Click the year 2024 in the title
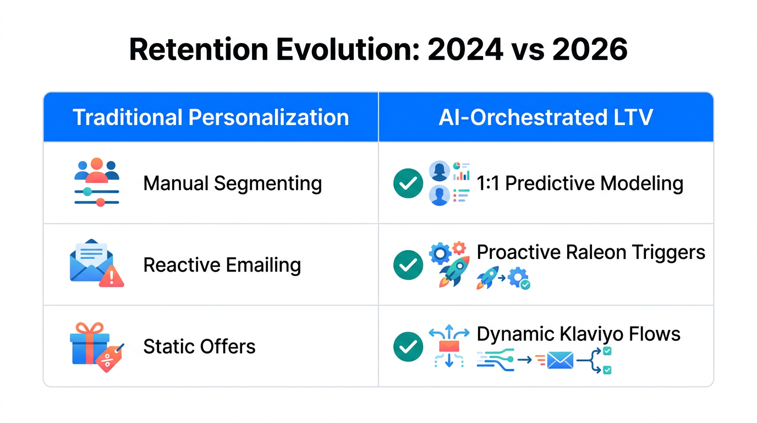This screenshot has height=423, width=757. point(465,50)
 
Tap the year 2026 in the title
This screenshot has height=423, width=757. point(590,50)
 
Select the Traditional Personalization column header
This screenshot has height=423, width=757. point(211,117)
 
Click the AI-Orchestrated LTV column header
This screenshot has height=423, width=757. point(546,117)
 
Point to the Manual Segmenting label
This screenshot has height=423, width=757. point(232,183)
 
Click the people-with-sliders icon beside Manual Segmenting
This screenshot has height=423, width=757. point(97,182)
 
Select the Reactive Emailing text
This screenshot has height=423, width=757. point(222,265)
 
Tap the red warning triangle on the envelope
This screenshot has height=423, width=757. point(112,276)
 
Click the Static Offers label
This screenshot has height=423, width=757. point(199,346)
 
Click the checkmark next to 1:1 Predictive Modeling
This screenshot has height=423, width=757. point(408,183)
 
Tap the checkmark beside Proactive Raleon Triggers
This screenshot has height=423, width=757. point(408,265)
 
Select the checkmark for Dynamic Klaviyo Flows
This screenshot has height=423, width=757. point(408,346)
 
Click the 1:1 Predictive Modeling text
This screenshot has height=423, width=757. point(580,183)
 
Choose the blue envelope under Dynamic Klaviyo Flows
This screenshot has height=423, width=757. point(560,361)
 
